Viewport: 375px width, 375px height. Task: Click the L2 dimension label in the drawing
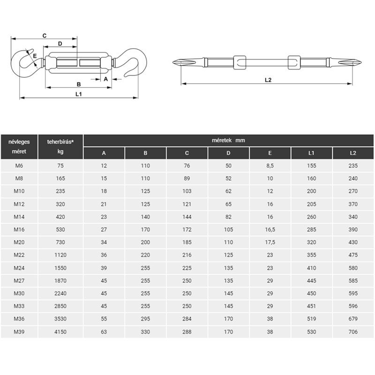pos(268,80)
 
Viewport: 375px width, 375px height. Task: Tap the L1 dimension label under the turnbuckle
pos(78,94)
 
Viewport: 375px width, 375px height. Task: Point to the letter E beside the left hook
pos(35,56)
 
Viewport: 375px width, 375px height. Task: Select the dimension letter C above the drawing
pos(45,36)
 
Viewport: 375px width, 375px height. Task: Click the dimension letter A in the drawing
pos(106,79)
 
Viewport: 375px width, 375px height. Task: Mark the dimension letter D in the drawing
pos(60,44)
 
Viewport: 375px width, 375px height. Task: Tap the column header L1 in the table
pos(311,153)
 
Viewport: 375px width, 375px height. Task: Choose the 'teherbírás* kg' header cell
pos(60,147)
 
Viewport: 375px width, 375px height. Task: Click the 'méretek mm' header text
pos(228,140)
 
